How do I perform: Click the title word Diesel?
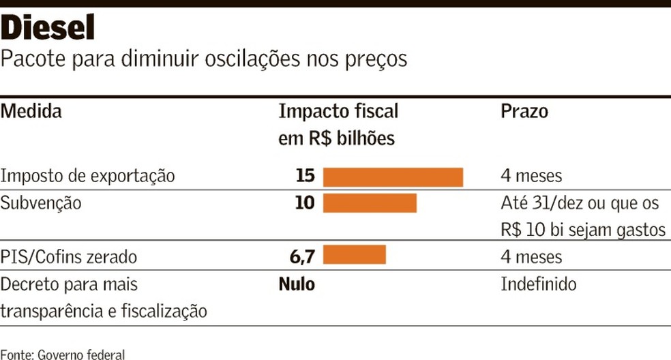click(x=48, y=28)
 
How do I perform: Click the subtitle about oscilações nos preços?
click(x=204, y=59)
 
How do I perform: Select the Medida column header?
click(x=31, y=111)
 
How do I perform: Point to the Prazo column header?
click(x=524, y=111)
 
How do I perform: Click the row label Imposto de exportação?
click(x=87, y=176)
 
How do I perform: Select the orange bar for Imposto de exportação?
click(x=393, y=177)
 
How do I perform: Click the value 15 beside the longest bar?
click(x=305, y=176)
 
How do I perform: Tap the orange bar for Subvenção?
click(x=369, y=203)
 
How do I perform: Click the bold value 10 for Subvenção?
click(x=305, y=203)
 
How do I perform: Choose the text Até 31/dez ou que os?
click(x=580, y=203)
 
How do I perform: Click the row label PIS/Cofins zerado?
click(x=69, y=257)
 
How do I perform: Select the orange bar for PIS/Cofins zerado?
click(x=354, y=255)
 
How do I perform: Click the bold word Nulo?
click(x=297, y=284)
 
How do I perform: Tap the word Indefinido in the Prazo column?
click(x=539, y=284)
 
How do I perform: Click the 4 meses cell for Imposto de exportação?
click(x=531, y=176)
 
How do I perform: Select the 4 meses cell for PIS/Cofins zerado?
click(x=531, y=257)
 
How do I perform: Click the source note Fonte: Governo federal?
click(x=63, y=354)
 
